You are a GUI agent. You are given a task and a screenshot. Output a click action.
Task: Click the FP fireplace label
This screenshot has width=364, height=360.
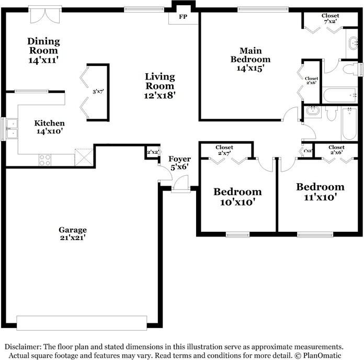pyautogui.click(x=183, y=17)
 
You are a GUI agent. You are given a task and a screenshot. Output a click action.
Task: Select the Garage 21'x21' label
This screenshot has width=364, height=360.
pyautogui.click(x=72, y=233)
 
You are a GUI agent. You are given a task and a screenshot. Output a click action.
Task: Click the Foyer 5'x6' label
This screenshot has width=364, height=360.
pyautogui.click(x=179, y=163)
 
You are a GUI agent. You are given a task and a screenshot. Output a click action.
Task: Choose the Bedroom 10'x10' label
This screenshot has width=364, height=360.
pyautogui.click(x=237, y=197)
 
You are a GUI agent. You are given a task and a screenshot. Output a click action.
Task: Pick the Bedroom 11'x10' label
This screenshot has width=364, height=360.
pyautogui.click(x=320, y=192)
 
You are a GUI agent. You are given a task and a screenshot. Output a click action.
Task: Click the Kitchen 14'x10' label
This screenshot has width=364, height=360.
pyautogui.click(x=50, y=127)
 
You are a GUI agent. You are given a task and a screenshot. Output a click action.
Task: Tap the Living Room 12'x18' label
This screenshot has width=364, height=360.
pyautogui.click(x=160, y=86)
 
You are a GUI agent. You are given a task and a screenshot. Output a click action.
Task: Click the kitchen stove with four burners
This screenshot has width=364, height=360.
pyautogui.click(x=45, y=160)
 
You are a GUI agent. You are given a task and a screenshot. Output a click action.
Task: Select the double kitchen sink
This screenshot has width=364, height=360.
pyautogui.click(x=10, y=128)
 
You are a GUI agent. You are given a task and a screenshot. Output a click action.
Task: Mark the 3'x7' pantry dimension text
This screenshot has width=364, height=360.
pyautogui.click(x=98, y=92)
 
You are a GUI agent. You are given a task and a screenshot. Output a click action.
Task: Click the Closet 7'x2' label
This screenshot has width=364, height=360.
pyautogui.click(x=330, y=19)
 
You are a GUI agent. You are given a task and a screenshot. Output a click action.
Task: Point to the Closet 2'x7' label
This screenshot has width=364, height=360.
pyautogui.click(x=224, y=151)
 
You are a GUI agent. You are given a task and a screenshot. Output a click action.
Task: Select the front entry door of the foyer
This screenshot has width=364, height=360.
pyautogui.click(x=180, y=184)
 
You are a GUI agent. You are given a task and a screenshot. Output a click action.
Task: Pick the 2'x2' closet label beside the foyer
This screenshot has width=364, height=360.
pyautogui.click(x=152, y=152)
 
